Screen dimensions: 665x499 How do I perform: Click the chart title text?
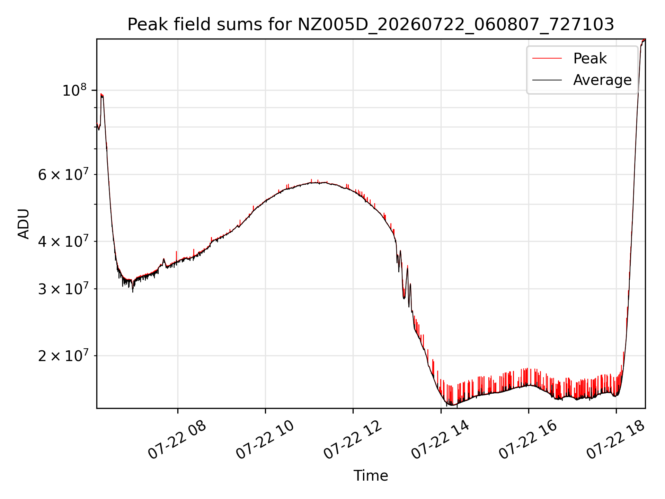[x=371, y=25]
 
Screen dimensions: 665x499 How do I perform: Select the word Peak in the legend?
[x=590, y=58]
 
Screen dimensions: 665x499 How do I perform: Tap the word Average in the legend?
[x=602, y=80]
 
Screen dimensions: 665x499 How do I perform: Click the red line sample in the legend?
[x=547, y=58]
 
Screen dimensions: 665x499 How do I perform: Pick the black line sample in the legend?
[x=547, y=80]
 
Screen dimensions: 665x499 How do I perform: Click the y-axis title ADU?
[x=24, y=224]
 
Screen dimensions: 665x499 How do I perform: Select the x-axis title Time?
[x=371, y=475]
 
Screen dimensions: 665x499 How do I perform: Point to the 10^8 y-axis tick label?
[x=74, y=90]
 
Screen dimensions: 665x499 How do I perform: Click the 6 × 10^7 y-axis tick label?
[x=63, y=174]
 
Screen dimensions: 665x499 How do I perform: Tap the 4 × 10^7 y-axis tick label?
[x=63, y=241]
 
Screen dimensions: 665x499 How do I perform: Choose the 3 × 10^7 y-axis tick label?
[x=63, y=289]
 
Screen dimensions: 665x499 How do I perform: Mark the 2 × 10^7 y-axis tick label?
[x=63, y=356]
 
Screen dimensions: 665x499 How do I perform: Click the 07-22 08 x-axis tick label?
[x=177, y=440]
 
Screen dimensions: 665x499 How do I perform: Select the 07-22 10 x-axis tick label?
[x=265, y=440]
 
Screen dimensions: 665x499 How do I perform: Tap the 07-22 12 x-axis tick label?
[x=353, y=440]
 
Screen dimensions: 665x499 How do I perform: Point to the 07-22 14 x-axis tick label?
[x=440, y=440]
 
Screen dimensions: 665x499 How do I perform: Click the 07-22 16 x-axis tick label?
[x=528, y=440]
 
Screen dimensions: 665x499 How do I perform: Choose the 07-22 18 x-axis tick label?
[x=615, y=440]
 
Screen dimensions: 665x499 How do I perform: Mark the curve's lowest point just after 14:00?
[x=451, y=405]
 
